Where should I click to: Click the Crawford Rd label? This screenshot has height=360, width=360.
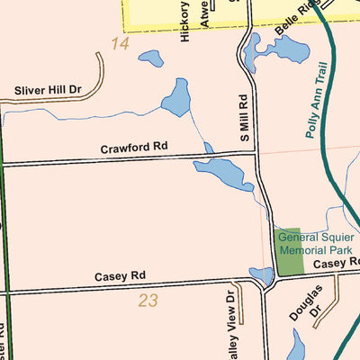[x=134, y=146]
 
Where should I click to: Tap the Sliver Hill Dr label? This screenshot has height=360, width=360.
[x=48, y=90]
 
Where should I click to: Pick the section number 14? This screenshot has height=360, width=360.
[x=121, y=43]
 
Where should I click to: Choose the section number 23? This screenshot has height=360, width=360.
[x=148, y=301]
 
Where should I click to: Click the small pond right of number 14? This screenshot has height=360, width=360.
[x=150, y=59]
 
